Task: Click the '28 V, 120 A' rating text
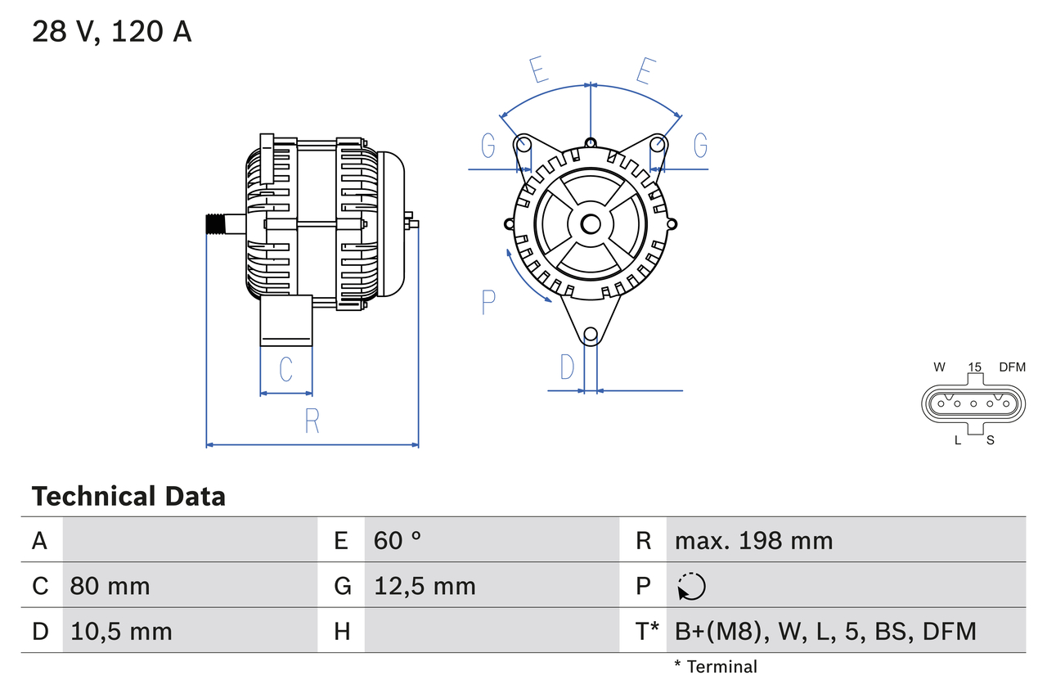tap(111, 32)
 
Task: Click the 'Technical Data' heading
tap(128, 496)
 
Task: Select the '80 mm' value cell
tap(110, 586)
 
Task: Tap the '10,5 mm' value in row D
tap(121, 631)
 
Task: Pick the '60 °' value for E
tap(398, 540)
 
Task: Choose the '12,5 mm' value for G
tap(425, 586)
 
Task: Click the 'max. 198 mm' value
tap(753, 540)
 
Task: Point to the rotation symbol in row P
tap(691, 586)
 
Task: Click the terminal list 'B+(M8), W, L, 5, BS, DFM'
tap(825, 631)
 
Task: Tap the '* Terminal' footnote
tap(716, 667)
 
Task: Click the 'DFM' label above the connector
tap(1012, 367)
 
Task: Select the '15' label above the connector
tap(974, 367)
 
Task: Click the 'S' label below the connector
tap(990, 440)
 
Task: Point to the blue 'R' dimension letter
tap(312, 421)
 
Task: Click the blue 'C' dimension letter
tap(285, 370)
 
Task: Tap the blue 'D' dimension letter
tap(567, 368)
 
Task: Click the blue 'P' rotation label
tap(488, 303)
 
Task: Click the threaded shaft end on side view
tap(215, 224)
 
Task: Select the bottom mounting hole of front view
tap(591, 334)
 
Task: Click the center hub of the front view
tap(591, 224)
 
